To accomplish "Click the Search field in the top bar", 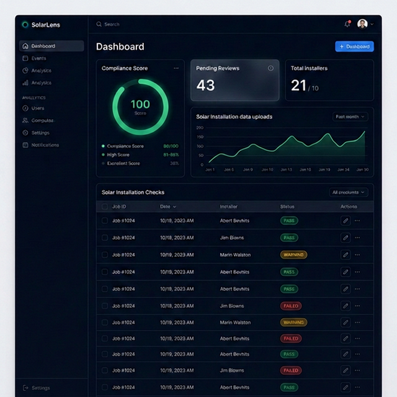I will pos(112,24).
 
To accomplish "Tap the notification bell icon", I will pos(347,24).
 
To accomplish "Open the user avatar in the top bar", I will pos(362,24).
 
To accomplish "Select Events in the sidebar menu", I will pos(38,58).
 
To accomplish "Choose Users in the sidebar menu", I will pos(37,108).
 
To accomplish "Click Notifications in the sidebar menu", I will pos(45,145).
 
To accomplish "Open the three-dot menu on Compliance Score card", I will pos(176,68).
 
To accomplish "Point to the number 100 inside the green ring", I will pos(140,104).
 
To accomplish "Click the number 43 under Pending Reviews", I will pos(205,86).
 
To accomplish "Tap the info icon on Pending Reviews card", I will pos(270,68).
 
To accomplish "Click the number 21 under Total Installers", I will pos(298,86).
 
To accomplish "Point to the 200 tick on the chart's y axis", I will pos(200,128).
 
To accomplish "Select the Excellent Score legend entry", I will pos(124,163).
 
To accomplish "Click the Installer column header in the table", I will pos(228,207).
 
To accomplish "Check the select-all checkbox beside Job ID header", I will pos(105,207).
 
